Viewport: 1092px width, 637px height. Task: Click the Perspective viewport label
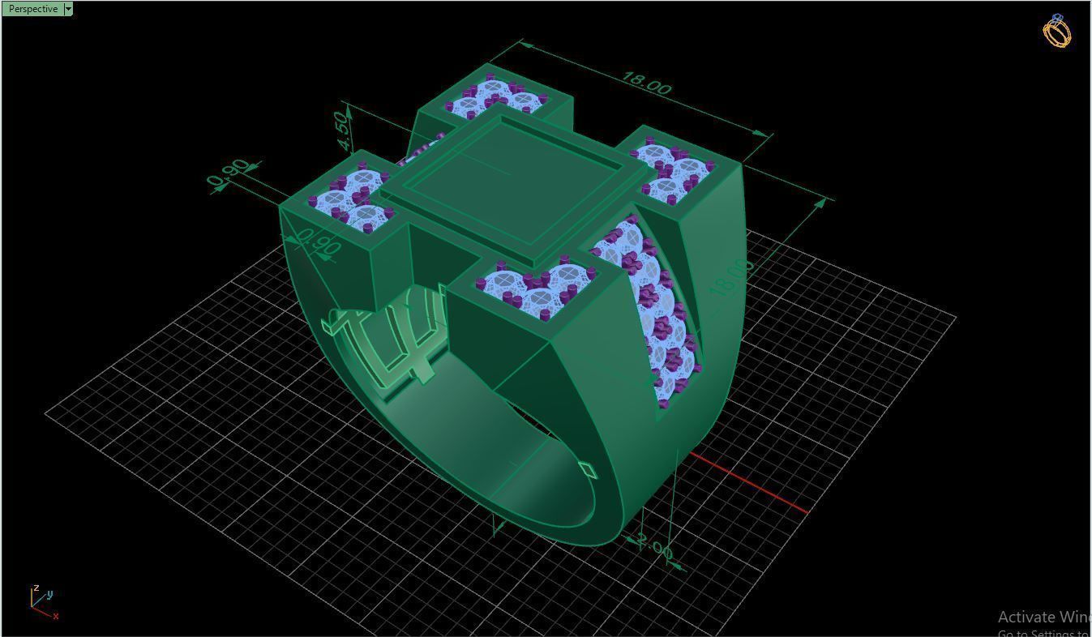33,9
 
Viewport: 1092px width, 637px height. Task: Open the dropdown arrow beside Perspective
68,9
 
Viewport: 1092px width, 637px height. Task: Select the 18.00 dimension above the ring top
645,83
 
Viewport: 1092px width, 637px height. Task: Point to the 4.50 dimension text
342,130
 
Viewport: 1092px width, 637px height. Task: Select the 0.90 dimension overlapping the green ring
317,242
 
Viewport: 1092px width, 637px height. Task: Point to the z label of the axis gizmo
36,588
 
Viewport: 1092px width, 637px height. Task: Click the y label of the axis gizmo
49,594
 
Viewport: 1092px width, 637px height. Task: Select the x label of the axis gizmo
55,616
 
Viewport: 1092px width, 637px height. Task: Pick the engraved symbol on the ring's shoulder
389,336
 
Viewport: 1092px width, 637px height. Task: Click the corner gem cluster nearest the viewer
535,288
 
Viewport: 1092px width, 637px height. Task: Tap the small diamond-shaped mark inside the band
586,468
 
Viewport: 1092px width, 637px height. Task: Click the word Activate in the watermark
1025,617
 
